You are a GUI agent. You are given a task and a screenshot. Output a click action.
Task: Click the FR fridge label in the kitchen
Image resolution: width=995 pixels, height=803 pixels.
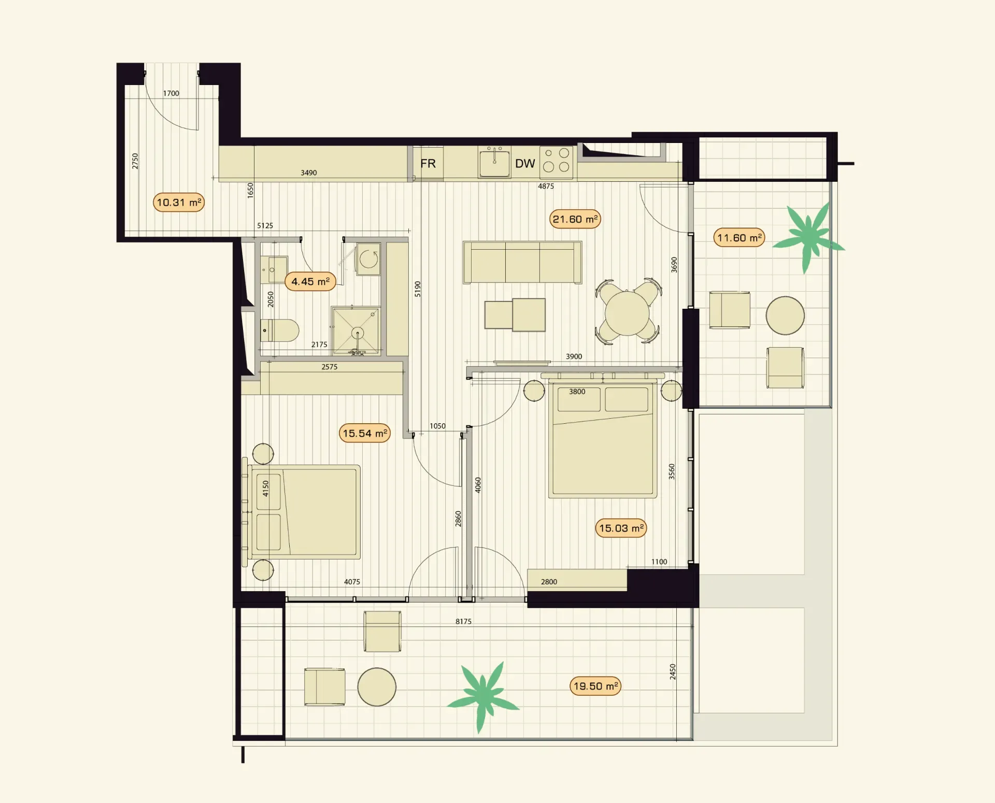click(428, 164)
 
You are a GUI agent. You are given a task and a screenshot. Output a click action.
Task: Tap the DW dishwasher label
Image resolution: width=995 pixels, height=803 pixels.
click(525, 164)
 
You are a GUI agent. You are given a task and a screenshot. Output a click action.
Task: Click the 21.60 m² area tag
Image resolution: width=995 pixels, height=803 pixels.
click(575, 219)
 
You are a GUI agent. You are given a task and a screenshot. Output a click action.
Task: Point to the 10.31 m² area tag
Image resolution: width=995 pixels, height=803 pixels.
click(179, 202)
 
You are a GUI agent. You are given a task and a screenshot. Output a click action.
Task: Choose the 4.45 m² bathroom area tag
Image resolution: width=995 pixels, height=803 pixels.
click(310, 281)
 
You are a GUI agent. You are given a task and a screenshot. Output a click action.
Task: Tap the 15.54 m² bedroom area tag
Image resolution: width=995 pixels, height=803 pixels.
click(365, 433)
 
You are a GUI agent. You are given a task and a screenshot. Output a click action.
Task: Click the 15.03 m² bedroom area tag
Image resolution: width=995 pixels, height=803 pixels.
click(621, 528)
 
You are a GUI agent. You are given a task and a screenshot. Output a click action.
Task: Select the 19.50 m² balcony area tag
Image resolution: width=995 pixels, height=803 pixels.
click(595, 686)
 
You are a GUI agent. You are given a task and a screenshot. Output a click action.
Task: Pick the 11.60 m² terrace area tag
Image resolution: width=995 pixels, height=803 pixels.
click(740, 238)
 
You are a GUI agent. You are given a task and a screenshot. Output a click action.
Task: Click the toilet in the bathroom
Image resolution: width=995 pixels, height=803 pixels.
click(280, 330)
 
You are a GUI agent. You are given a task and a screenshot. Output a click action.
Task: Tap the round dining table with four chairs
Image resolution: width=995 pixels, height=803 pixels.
click(628, 312)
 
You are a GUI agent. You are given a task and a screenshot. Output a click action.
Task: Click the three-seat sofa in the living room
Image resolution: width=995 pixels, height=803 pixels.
click(522, 262)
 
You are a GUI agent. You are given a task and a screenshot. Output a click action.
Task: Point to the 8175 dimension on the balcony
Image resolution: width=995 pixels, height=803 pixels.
click(464, 621)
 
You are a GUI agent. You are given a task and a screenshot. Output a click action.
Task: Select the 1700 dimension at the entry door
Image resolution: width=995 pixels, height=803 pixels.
click(171, 93)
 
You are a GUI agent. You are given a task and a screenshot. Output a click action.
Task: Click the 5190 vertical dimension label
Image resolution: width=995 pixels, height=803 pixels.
click(418, 289)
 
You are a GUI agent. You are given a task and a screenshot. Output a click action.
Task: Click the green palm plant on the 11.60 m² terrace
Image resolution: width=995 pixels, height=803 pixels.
click(808, 237)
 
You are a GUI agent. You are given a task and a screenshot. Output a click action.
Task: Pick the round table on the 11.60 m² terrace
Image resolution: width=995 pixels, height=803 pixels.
click(785, 316)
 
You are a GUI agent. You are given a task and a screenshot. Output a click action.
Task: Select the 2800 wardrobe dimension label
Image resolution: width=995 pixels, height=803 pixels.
click(549, 582)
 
